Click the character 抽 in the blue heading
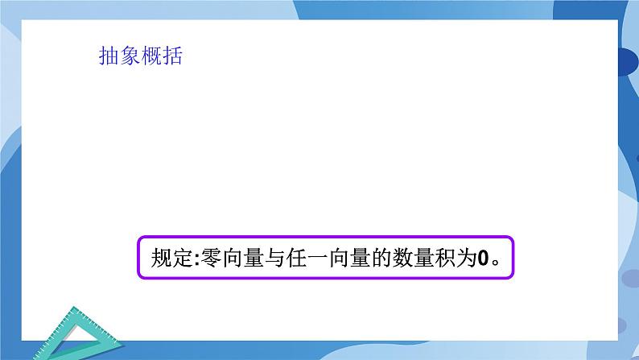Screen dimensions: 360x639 (107, 56)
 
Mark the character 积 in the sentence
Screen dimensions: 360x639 (452, 259)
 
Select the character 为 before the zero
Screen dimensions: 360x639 (474, 259)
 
